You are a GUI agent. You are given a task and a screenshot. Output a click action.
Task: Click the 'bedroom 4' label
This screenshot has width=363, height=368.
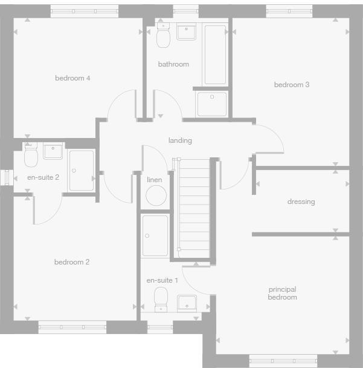point(72,78)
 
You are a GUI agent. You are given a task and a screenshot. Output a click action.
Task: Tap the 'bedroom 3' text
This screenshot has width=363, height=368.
point(291,85)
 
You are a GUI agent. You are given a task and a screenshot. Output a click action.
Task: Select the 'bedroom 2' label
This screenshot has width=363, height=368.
point(72,262)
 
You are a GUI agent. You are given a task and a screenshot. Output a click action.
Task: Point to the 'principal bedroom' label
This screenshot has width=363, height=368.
point(283,294)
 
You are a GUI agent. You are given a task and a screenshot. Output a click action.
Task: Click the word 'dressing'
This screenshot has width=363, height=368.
point(301,202)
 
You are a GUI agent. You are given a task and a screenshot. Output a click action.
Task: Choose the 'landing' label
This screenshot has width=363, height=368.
point(180,140)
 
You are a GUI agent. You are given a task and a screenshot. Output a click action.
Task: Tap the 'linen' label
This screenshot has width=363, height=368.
point(155,180)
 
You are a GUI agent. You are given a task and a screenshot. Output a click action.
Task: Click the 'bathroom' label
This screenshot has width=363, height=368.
point(173,64)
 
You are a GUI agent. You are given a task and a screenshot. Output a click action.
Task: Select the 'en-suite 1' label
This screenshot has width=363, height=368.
point(162,280)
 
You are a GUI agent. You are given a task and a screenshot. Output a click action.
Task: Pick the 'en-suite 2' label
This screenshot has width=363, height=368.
point(43,177)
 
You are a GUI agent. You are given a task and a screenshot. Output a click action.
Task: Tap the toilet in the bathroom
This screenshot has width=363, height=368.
point(162,36)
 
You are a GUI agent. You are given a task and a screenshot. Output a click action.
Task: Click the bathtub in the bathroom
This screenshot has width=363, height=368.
point(215,54)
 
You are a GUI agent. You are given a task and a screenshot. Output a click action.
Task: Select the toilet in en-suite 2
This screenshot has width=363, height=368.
point(31,157)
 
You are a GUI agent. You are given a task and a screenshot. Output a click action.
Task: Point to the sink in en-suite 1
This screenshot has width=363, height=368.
point(187,303)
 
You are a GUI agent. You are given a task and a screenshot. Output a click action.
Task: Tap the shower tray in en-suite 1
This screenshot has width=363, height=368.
point(155,236)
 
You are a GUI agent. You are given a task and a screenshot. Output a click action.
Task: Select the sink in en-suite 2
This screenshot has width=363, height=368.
point(53,151)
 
